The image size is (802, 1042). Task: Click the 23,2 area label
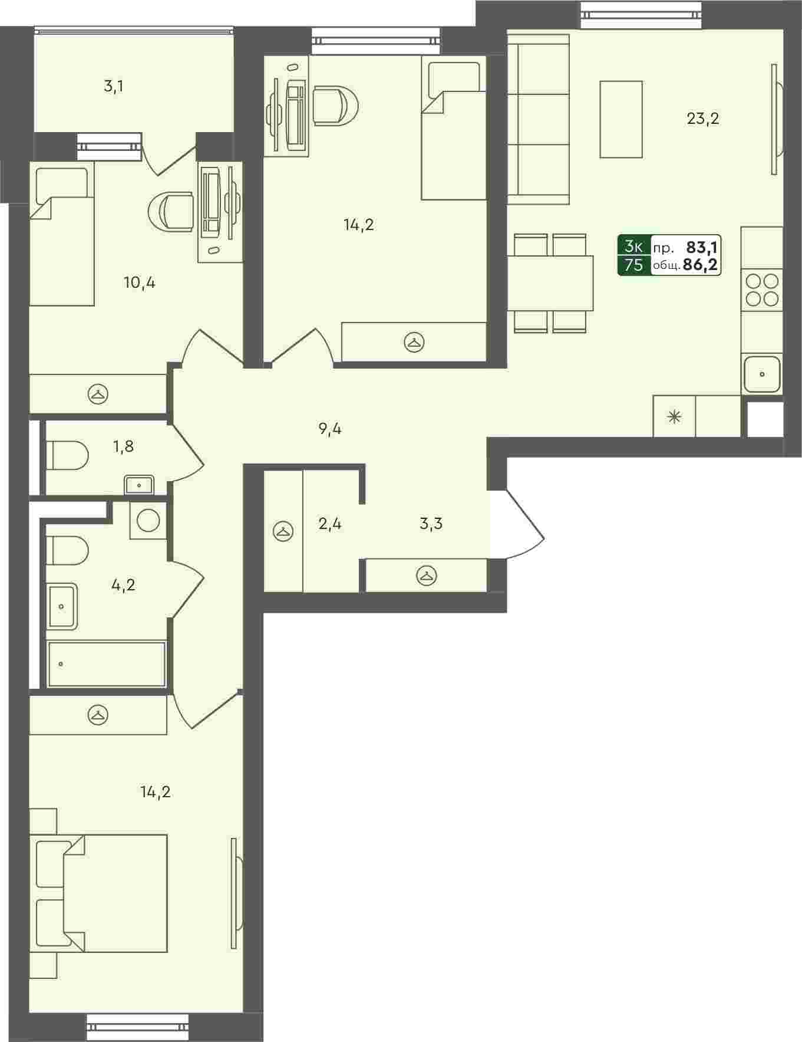[x=703, y=119]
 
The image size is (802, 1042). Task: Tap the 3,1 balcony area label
[x=113, y=87]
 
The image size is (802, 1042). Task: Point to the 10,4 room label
[x=140, y=282]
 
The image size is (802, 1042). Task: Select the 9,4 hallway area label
[x=330, y=429]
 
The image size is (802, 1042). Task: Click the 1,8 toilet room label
[x=123, y=446]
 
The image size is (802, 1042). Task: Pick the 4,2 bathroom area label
[x=123, y=585]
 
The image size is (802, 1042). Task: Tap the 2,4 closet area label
[x=330, y=523]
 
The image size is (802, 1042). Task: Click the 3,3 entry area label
[x=431, y=523]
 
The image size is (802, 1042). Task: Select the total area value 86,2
[x=701, y=265]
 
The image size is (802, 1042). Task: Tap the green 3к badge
[x=634, y=246]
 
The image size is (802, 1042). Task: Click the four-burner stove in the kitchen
[x=762, y=289]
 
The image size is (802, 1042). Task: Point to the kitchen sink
[x=762, y=374]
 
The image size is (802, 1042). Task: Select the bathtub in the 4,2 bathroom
[x=107, y=664]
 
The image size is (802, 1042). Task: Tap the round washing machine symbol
[x=148, y=520]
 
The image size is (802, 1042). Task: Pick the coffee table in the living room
[x=621, y=120]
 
